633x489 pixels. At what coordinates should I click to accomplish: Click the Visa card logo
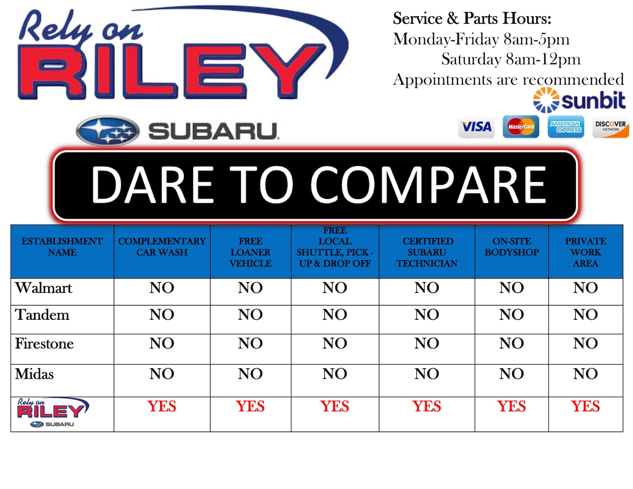pos(476,127)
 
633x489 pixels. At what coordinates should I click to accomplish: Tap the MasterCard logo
pos(520,127)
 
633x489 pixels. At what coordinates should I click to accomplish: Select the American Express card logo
pos(565,127)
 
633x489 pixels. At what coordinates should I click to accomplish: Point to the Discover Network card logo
pos(610,127)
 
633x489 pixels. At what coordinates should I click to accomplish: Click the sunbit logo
pos(579,100)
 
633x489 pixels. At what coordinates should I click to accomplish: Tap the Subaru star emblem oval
pos(108,130)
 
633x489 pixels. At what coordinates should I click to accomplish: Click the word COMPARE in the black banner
pos(428,185)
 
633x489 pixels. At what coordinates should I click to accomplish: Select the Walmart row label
pos(44,288)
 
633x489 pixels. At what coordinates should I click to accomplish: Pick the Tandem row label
pos(42,315)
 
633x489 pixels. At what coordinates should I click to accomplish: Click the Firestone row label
pos(44,344)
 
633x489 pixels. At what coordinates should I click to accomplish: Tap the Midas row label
pos(34,374)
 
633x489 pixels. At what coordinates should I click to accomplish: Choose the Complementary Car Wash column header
pos(162,246)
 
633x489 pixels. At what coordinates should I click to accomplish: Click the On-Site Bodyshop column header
pos(512,246)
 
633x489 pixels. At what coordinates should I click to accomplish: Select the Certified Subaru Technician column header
pos(427,252)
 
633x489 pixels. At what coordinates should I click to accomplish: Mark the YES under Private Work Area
pos(585,406)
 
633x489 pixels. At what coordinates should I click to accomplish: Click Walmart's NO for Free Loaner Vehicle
pos(250,288)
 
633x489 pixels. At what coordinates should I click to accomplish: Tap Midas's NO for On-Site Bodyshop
pos(512,374)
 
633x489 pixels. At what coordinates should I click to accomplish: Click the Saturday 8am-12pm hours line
pos(511,59)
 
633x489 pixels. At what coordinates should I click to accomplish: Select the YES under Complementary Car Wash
pos(162,406)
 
